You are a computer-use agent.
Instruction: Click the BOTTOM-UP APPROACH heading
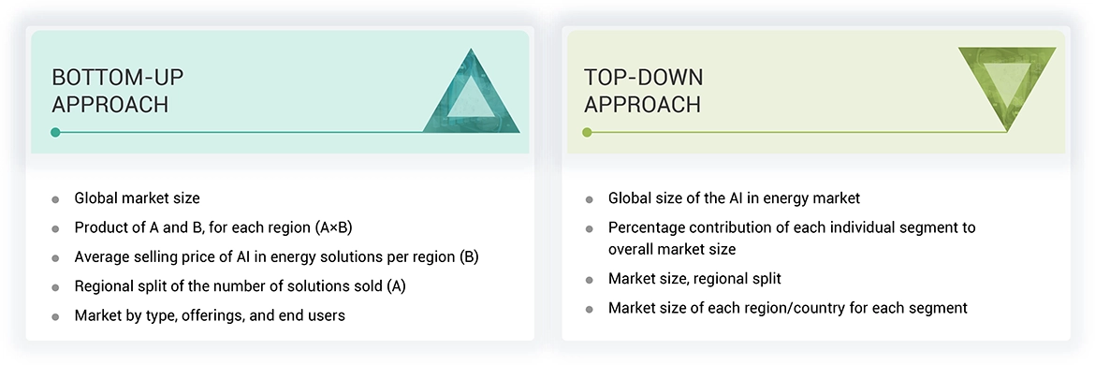point(110,91)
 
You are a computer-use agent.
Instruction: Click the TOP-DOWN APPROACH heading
point(643,91)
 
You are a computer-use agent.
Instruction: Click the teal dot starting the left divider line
point(56,132)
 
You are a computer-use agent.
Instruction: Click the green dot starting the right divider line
point(587,132)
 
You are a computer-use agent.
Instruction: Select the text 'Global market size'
point(137,198)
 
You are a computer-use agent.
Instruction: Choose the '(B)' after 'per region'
point(468,256)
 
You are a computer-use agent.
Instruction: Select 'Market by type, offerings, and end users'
point(210,315)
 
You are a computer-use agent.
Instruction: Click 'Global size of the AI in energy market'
point(734,198)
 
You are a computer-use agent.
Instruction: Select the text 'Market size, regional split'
point(694,279)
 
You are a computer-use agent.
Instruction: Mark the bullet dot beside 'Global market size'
point(56,199)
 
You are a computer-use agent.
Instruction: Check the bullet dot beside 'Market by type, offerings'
point(56,316)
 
